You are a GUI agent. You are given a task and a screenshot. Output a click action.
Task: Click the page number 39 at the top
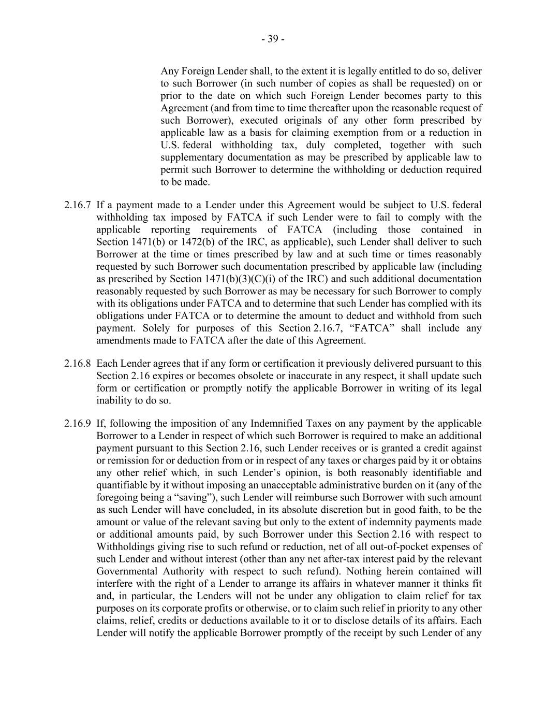273,39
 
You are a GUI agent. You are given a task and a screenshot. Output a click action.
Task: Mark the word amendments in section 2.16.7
122,341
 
